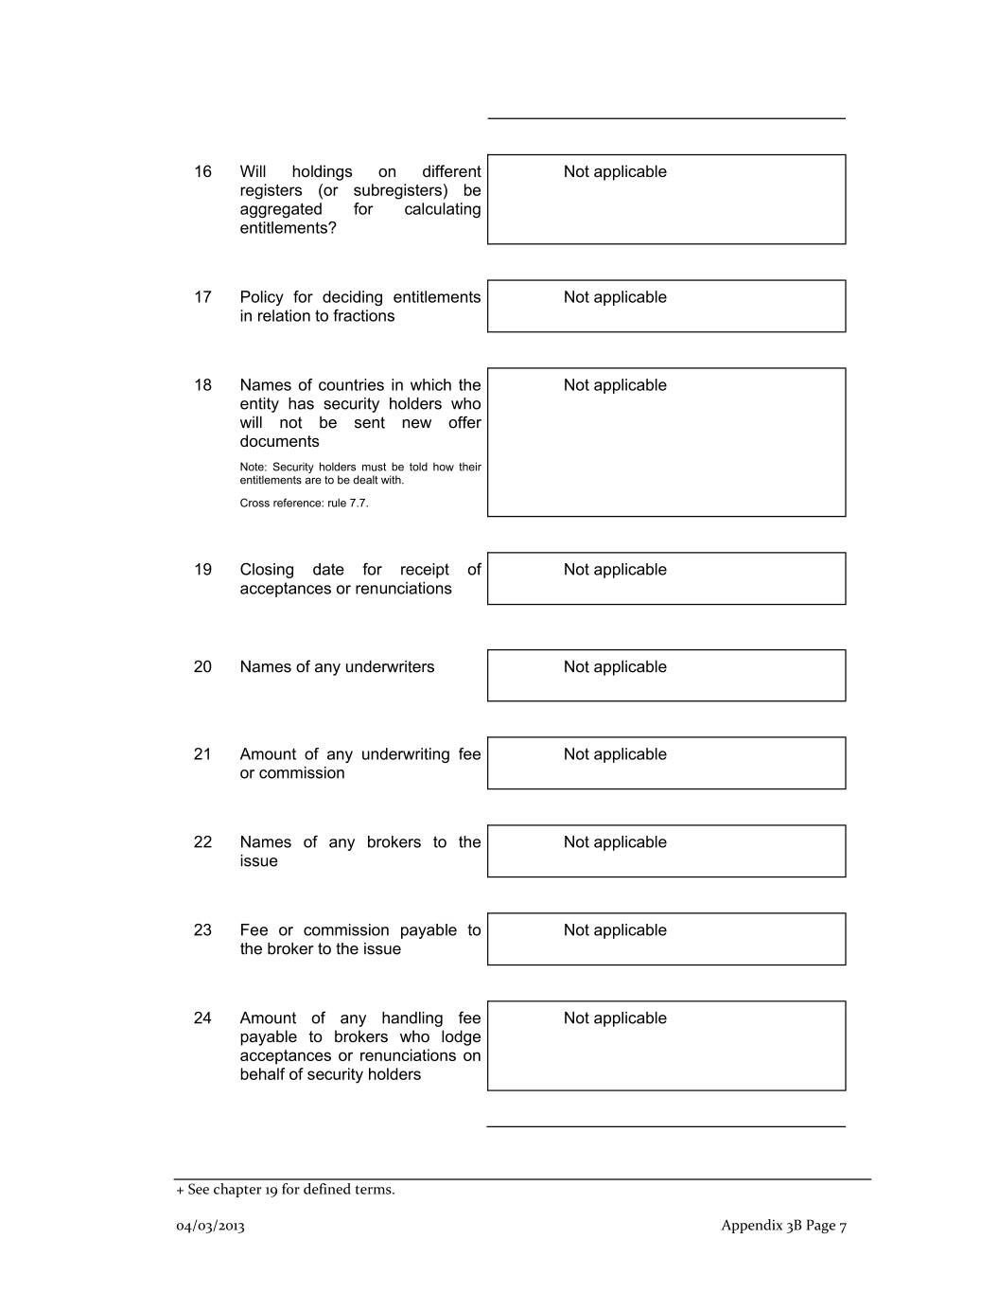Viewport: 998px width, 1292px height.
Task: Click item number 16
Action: [x=202, y=171]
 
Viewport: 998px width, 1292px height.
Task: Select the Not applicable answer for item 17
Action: [x=615, y=297]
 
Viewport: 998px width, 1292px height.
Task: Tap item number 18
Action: [x=202, y=385]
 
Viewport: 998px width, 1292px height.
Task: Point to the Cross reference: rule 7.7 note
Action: [x=304, y=504]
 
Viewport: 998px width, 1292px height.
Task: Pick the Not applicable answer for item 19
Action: [x=615, y=570]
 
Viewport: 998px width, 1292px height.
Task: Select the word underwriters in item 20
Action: [x=390, y=667]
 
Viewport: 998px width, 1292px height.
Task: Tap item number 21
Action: [x=202, y=754]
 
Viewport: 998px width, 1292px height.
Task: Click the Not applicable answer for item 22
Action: [x=615, y=842]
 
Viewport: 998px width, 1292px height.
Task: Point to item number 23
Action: [x=202, y=930]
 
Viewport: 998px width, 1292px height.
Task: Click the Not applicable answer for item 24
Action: [x=615, y=1018]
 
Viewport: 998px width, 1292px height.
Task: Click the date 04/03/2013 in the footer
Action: [x=210, y=1227]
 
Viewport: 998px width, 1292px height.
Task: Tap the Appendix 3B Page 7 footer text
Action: [x=783, y=1226]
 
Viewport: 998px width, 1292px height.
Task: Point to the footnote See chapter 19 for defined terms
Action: [x=287, y=1190]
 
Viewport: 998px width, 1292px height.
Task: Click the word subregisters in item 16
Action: [x=400, y=190]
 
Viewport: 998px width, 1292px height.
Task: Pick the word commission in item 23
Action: [x=346, y=930]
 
